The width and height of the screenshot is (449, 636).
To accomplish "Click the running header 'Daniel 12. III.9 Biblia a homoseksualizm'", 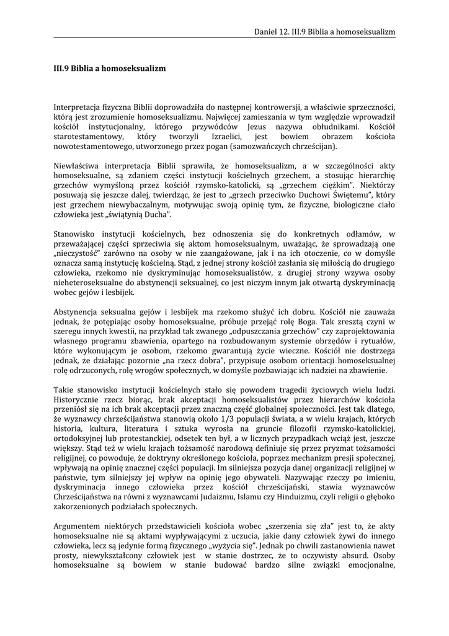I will click(x=325, y=32).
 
